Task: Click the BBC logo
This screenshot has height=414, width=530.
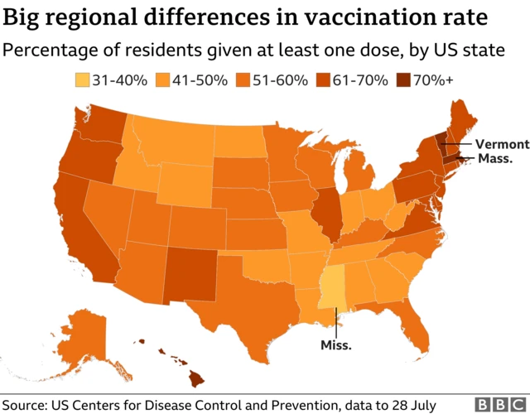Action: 494,404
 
